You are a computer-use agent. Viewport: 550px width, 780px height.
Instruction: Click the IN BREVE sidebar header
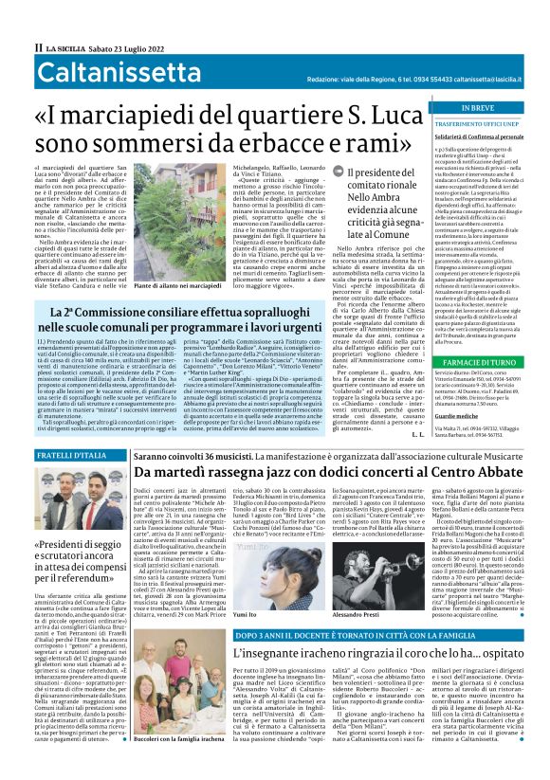(x=478, y=108)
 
